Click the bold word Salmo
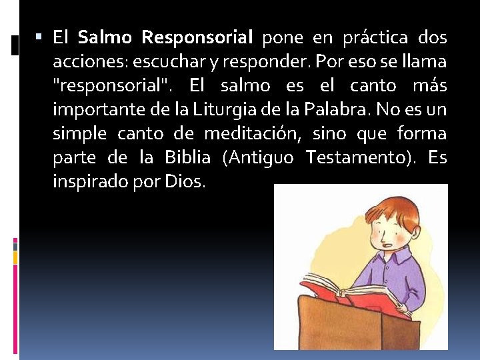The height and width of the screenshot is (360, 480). (106, 38)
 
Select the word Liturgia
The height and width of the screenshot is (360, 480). (251, 110)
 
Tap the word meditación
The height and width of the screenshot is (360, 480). (253, 134)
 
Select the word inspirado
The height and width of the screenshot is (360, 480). (93, 182)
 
